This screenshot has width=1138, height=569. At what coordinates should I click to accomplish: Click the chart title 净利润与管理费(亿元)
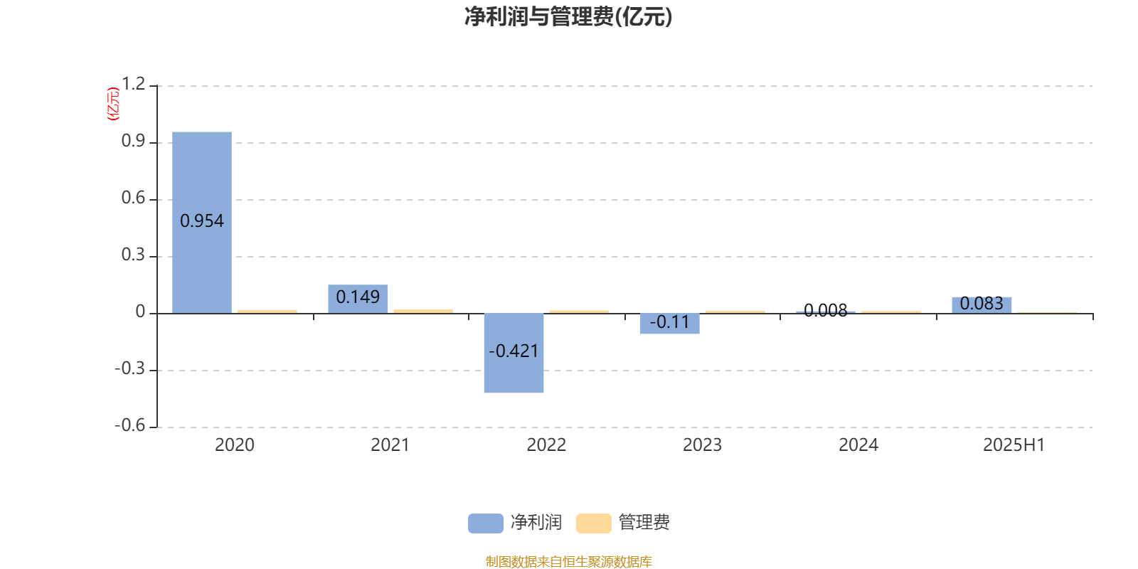[568, 17]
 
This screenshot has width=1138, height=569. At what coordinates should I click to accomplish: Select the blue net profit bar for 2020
[202, 223]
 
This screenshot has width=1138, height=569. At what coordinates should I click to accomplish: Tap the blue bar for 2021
[358, 299]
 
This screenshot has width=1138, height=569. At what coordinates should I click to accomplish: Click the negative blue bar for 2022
[514, 353]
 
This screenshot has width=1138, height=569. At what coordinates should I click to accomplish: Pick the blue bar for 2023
[669, 324]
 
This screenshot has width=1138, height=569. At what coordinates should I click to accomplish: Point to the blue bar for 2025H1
[982, 305]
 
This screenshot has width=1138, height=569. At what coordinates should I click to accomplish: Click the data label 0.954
[202, 221]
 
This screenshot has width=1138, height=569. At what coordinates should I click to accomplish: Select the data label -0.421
[514, 351]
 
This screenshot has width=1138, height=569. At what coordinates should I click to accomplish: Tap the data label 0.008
[826, 310]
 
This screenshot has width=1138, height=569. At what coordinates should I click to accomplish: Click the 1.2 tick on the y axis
[133, 84]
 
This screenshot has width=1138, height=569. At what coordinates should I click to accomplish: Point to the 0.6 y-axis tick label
[133, 198]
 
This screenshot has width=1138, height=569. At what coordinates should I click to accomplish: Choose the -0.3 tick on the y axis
[130, 368]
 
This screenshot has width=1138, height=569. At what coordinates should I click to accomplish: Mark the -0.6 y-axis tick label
[130, 425]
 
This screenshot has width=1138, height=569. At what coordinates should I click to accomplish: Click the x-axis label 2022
[546, 445]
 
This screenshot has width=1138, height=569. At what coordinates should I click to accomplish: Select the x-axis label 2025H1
[1014, 445]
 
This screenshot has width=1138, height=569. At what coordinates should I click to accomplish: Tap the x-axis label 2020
[234, 445]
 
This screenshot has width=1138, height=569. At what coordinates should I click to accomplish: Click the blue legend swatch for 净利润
[486, 523]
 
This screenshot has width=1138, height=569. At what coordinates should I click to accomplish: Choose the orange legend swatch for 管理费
[593, 523]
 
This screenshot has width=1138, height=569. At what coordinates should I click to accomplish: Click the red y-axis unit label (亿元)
[113, 104]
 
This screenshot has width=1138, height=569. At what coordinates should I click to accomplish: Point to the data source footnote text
[568, 561]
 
